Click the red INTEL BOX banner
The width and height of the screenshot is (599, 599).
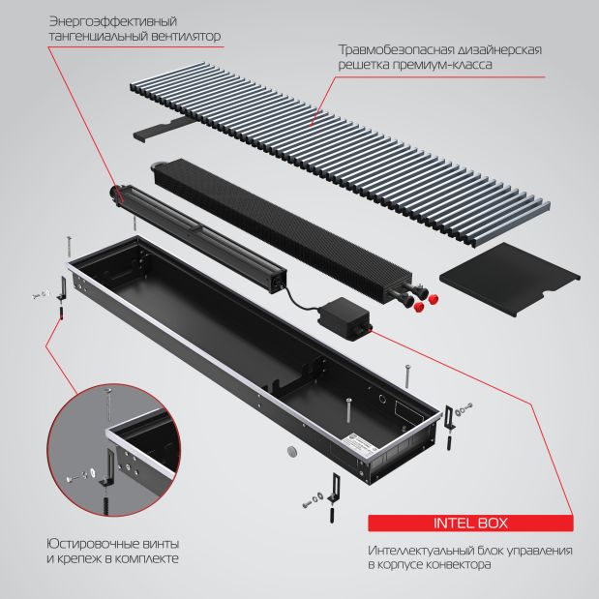(x=470, y=523)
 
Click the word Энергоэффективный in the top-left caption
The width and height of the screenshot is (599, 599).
(x=113, y=21)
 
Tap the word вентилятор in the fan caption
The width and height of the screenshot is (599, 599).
(x=186, y=37)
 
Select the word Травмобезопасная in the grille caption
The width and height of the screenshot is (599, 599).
(x=396, y=49)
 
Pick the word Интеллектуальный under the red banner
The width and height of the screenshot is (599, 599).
(x=419, y=551)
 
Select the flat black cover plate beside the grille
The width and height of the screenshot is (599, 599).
(x=510, y=279)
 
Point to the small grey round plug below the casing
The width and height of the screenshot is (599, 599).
(x=293, y=451)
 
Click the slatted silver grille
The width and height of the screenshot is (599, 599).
(x=340, y=154)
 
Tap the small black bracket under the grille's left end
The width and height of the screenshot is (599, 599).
(x=162, y=129)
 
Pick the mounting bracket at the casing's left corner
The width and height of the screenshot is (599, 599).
(x=62, y=288)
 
